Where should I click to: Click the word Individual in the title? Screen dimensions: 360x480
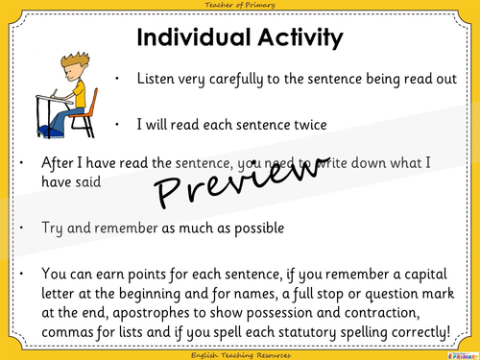click(x=188, y=37)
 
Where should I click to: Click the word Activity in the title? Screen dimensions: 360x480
click(x=295, y=37)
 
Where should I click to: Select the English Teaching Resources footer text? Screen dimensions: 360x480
click(x=240, y=353)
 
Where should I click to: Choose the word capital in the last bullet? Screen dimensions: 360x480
click(x=418, y=267)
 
